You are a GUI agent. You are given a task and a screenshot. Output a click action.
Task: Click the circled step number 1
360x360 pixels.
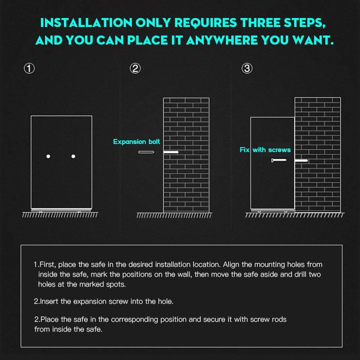coord(29,68)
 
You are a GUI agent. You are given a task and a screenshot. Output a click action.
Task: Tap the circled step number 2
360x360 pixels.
coord(135,68)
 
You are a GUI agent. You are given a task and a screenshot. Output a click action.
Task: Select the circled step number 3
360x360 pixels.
coord(247,68)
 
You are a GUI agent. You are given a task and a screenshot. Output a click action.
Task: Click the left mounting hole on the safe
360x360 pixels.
coord(48,156)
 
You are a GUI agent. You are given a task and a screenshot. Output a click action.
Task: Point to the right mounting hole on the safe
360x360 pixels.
coord(73,156)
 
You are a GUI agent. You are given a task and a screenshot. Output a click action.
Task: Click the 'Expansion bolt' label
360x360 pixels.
coord(137,142)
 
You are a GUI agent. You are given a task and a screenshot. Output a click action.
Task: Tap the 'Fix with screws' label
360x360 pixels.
coord(265,150)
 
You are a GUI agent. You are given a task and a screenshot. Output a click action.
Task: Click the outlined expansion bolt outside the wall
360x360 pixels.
coord(146,152)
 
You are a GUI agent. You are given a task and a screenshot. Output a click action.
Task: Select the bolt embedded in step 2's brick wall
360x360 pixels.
coord(171,152)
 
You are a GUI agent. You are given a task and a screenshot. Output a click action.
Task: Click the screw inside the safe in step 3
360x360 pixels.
coord(279,160)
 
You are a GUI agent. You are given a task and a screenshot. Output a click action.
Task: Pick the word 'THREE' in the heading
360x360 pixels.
coord(261,23)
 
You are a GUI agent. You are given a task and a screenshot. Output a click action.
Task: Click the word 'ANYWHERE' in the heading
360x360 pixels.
coord(221,40)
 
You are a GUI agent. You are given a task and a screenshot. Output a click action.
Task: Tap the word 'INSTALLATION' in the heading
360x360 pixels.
coord(86,23)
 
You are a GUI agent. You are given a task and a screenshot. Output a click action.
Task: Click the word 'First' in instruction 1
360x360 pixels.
coord(48,265)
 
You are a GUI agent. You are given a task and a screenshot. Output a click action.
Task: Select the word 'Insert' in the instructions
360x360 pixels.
coord(49,301)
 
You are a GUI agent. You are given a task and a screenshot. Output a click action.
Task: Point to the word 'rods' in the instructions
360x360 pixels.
coord(279,319)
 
